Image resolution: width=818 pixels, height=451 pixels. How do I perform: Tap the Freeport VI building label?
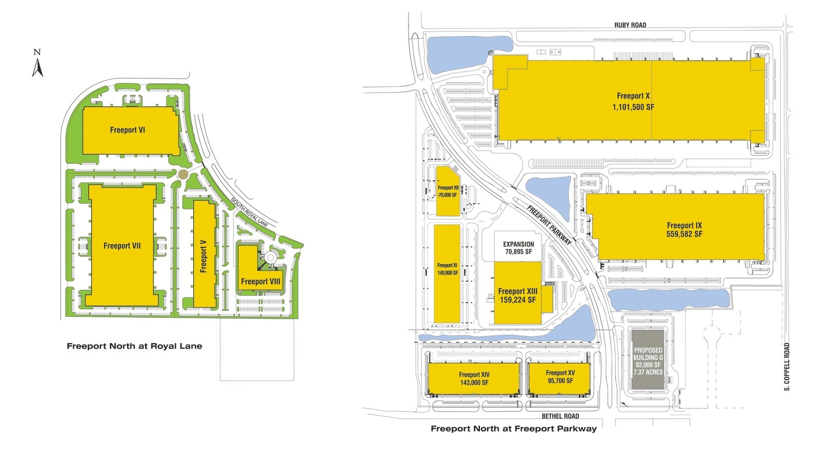pos(127,130)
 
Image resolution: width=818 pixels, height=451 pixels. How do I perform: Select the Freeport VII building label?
pos(122,246)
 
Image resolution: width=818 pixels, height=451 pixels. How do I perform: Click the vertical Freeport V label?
pos(203,256)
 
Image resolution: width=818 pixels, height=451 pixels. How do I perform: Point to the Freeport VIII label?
pos(260,282)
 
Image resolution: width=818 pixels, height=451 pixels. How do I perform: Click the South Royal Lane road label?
pos(249,212)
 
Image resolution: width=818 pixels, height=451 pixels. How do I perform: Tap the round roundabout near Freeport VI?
pos(183,174)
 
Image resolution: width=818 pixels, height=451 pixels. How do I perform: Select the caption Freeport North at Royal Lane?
pos(134,346)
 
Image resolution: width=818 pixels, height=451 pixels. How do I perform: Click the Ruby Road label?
pos(630,25)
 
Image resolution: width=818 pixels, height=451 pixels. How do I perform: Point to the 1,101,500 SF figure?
pos(633,107)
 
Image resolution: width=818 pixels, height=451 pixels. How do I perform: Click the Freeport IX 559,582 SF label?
pos(684,230)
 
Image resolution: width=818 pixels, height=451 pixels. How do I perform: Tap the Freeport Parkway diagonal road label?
pos(549,225)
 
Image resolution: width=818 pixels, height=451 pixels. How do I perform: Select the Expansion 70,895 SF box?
pos(518,248)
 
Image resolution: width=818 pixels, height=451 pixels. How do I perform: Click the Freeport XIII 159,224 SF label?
pos(517,296)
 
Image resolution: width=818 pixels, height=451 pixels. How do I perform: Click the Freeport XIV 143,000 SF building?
pos(474,379)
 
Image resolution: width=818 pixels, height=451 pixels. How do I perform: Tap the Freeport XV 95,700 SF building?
pos(560,377)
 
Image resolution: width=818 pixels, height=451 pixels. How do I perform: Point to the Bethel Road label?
pos(560,416)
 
